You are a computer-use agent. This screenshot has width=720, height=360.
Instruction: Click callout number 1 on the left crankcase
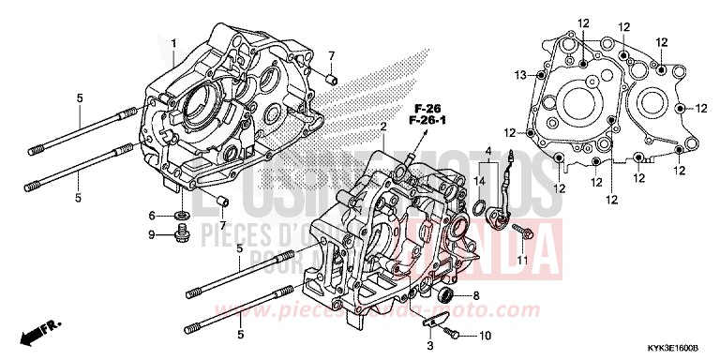click(x=172, y=42)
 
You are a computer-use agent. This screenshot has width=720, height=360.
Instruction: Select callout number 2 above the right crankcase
click(x=382, y=126)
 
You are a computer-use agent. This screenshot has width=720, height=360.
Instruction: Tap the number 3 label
click(x=429, y=346)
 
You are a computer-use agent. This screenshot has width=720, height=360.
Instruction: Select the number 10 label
click(x=485, y=334)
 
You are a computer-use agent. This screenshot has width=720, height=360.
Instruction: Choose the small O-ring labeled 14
click(x=479, y=206)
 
